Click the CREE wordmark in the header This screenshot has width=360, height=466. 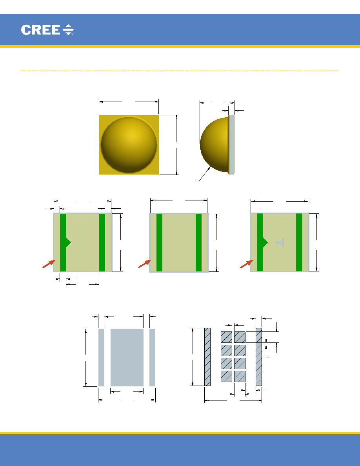pyautogui.click(x=40, y=30)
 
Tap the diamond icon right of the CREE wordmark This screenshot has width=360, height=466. pyautogui.click(x=68, y=30)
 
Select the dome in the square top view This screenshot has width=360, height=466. pyautogui.click(x=129, y=145)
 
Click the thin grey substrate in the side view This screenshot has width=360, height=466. pyautogui.click(x=232, y=145)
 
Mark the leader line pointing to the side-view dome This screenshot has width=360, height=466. pyautogui.click(x=203, y=174)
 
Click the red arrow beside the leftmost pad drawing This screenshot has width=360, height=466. pyautogui.click(x=49, y=264)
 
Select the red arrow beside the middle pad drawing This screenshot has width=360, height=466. pyautogui.click(x=145, y=264)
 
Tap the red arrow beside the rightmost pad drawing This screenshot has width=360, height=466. pyautogui.click(x=247, y=264)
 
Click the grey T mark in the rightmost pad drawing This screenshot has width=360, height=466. pyautogui.click(x=280, y=242)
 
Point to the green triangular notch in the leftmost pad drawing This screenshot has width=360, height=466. pyautogui.click(x=68, y=242)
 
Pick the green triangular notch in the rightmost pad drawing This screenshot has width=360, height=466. pyautogui.click(x=265, y=242)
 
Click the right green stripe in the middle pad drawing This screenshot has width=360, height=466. pyautogui.click(x=199, y=242)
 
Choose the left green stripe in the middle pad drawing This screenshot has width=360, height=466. pyautogui.click(x=160, y=242)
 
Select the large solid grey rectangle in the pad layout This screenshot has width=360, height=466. pyautogui.click(x=127, y=357)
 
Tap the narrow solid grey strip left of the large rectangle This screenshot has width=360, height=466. pyautogui.click(x=101, y=357)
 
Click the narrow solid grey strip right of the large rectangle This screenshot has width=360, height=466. pyautogui.click(x=153, y=357)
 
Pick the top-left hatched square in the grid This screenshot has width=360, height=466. pyautogui.click(x=226, y=337)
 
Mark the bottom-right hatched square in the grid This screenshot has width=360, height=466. pyautogui.click(x=240, y=376)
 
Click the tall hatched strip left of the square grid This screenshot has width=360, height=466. pyautogui.click(x=207, y=357)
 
